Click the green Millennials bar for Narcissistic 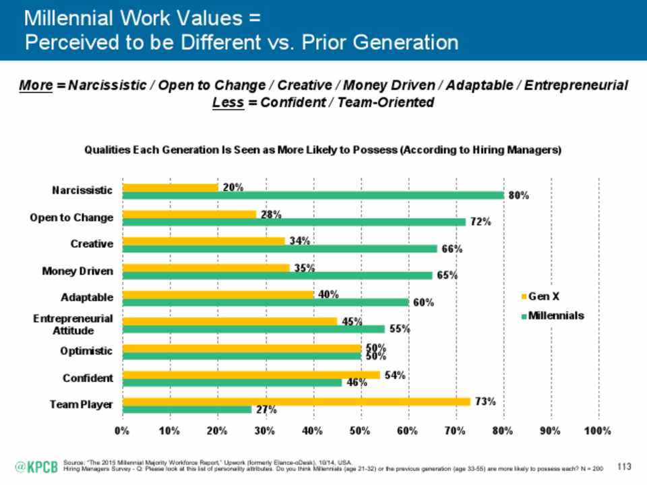point(313,195)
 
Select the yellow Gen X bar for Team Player point(297,401)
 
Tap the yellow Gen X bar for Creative point(204,240)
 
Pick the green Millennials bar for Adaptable point(265,302)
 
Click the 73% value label point(484,401)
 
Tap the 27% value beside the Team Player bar point(265,409)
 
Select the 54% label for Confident point(394,375)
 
